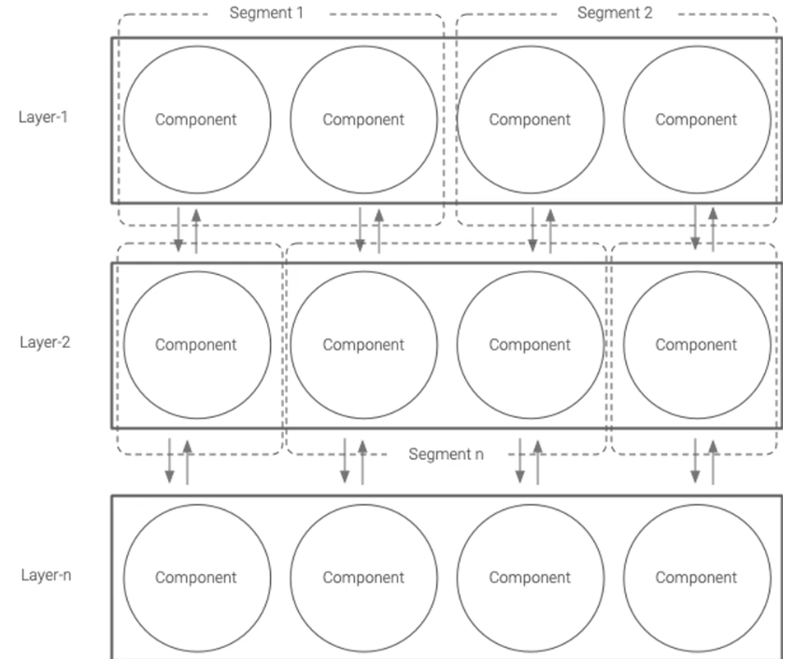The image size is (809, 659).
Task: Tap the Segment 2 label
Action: tap(615, 13)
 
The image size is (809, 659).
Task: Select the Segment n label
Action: tap(447, 454)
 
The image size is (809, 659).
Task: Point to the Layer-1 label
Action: tap(43, 118)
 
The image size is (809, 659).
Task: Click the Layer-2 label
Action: tap(45, 341)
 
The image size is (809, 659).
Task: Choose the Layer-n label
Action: tap(46, 575)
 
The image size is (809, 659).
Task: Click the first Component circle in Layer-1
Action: tap(196, 120)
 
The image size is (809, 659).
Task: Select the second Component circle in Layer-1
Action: tap(363, 120)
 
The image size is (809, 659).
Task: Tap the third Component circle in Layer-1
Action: tap(530, 120)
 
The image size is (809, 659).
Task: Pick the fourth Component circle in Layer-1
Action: tap(696, 120)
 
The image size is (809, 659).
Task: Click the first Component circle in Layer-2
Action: tap(196, 344)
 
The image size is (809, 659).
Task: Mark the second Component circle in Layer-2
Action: tap(363, 344)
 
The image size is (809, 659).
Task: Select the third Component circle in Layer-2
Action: tap(530, 344)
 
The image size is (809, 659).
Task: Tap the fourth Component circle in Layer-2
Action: tap(696, 344)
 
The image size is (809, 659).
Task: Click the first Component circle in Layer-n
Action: tap(196, 578)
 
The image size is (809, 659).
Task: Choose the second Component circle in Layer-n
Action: tap(363, 578)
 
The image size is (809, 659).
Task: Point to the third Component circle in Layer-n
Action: tap(530, 578)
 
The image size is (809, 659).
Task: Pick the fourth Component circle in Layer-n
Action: tap(696, 578)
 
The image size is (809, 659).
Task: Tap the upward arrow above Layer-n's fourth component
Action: tap(713, 461)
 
